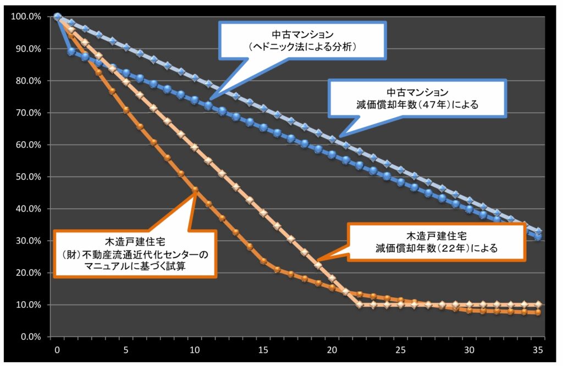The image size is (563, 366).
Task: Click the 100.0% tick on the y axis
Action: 26,16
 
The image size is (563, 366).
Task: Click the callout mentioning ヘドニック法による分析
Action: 302,40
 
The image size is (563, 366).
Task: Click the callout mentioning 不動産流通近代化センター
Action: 135,254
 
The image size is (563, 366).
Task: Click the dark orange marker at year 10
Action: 195,190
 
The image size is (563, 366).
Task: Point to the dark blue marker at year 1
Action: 71,51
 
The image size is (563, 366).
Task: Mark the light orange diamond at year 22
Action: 360,304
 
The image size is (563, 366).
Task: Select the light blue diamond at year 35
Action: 539,231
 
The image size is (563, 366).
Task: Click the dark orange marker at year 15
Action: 263,261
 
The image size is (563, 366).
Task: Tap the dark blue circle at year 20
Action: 332,154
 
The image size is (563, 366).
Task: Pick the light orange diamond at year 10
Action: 195,147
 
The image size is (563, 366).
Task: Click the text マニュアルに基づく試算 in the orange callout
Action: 135,266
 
